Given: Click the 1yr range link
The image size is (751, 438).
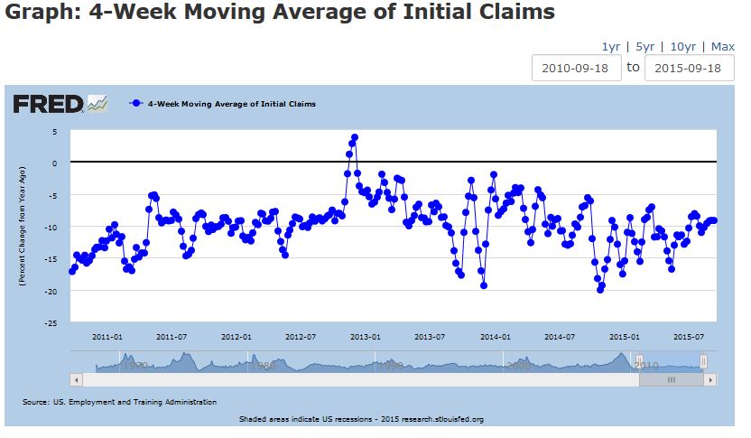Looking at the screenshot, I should click(x=610, y=47).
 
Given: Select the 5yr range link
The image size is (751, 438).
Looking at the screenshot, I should click(x=644, y=47).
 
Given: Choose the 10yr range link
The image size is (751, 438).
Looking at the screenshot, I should click(x=682, y=47).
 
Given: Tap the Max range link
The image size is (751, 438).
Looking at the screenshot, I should click(x=723, y=47).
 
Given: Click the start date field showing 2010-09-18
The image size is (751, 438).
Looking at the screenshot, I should click(x=577, y=68).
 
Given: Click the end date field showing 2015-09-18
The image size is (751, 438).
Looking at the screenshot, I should click(x=689, y=68).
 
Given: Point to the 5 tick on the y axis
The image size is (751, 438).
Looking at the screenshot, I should click(x=54, y=132).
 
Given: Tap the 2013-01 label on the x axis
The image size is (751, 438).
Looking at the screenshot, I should click(x=365, y=336).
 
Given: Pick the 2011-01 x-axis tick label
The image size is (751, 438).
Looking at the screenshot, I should click(x=107, y=336).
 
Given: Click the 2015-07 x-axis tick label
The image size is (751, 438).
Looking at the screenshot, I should click(x=688, y=336).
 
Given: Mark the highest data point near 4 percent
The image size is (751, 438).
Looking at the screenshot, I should click(x=355, y=137).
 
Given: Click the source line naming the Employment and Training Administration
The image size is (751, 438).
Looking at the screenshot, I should click(x=119, y=401).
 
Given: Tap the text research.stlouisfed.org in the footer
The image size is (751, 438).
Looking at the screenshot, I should click(x=441, y=419).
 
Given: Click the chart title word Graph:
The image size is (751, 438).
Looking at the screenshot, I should click(x=39, y=14).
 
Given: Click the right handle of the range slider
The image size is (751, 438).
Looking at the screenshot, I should click(x=703, y=361).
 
